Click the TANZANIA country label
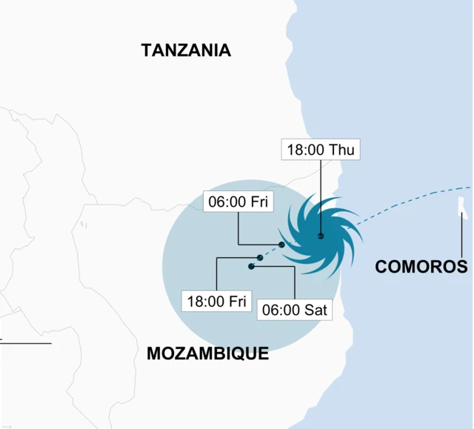point(186,50)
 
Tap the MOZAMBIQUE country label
point(207,353)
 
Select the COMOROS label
point(422,267)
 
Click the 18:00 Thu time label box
point(320,149)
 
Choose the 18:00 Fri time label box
point(216,301)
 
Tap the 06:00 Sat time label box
point(295,309)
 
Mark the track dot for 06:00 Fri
point(281,245)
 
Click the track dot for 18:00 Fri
point(259,258)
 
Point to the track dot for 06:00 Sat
point(252,265)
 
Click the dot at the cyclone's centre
point(321,236)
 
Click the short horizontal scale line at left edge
point(26,343)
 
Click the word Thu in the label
point(342,149)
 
